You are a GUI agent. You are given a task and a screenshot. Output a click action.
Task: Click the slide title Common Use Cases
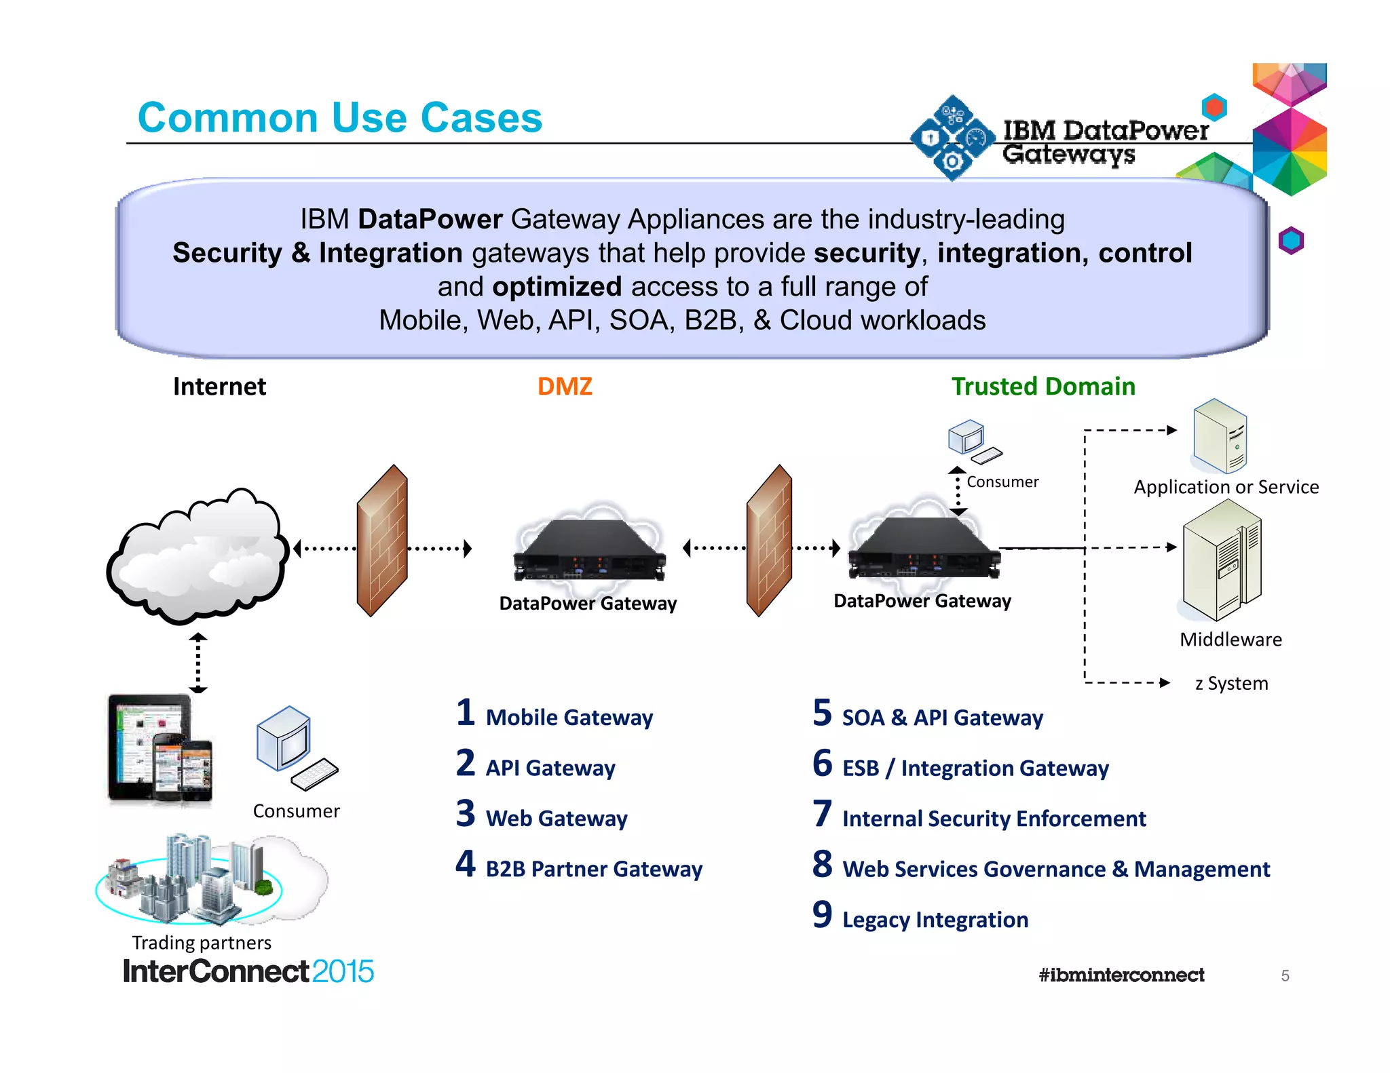click(339, 118)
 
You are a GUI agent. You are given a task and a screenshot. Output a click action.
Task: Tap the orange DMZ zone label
click(565, 387)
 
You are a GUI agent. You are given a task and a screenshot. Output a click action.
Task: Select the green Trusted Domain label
click(1042, 387)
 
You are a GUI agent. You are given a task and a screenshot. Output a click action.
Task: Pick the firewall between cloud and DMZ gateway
click(381, 541)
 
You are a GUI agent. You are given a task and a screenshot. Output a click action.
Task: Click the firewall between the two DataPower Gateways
click(769, 541)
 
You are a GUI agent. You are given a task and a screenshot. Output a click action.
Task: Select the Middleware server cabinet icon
click(1221, 562)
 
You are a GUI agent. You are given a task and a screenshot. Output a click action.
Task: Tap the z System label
click(1231, 684)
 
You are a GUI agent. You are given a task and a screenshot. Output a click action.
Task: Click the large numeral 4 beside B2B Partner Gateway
click(465, 864)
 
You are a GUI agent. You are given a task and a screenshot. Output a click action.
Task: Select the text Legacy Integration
click(935, 920)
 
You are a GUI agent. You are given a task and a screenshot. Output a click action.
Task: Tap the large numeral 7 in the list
click(822, 814)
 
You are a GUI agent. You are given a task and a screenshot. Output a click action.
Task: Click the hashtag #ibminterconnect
click(1121, 975)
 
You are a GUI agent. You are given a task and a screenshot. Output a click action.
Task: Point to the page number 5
click(1285, 976)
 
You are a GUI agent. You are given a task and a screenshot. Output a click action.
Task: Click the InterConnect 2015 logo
click(248, 972)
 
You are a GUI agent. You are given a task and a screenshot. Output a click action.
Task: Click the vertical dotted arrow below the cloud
click(198, 663)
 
